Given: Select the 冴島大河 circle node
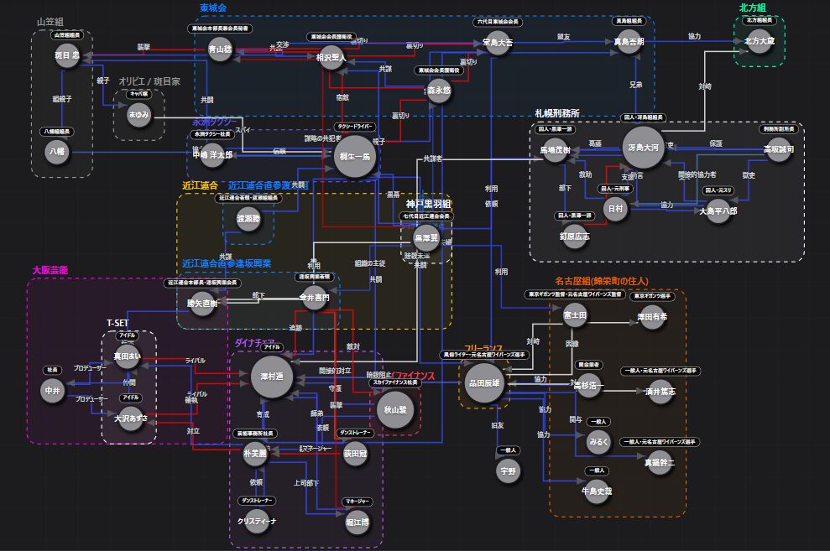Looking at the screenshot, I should tap(642, 148).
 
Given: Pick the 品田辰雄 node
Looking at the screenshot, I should tap(483, 383).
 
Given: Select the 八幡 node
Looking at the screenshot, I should tap(59, 153).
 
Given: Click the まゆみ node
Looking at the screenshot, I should tap(138, 115).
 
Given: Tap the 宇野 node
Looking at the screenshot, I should tap(508, 471).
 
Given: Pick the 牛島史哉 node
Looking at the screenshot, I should tap(597, 491).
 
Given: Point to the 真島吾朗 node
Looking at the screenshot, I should tap(629, 41).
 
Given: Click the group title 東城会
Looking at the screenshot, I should tap(212, 8).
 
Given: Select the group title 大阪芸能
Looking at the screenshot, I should tap(50, 271).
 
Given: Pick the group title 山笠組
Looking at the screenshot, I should tap(51, 21).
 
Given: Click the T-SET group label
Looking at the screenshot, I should tap(118, 323).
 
